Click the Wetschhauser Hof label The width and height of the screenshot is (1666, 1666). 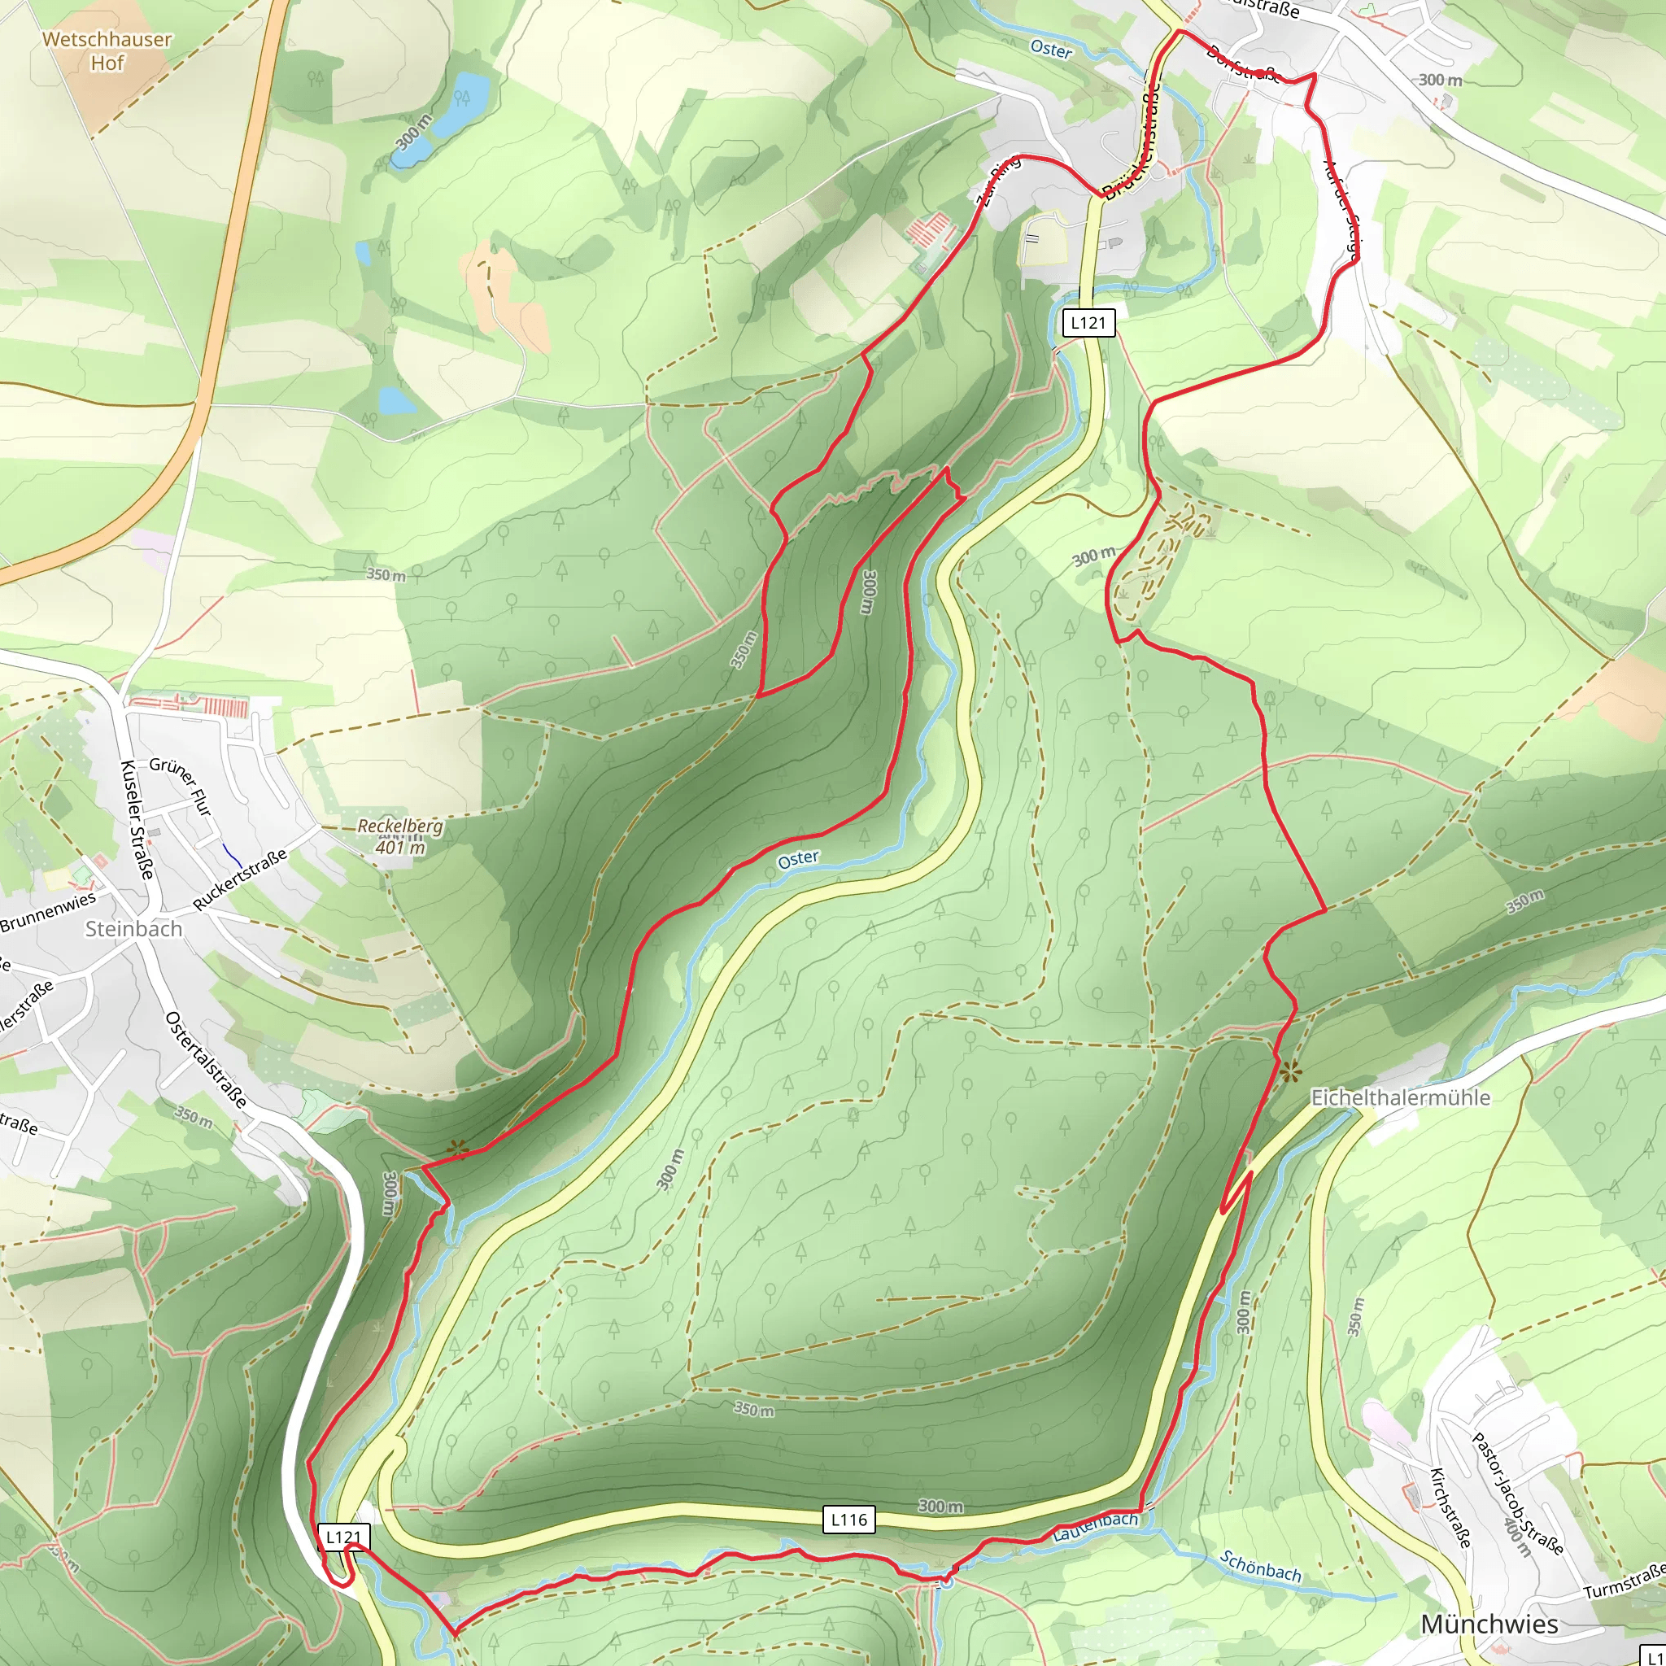click(107, 51)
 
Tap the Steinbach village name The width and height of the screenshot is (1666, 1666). click(133, 929)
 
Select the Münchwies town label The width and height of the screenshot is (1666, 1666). click(1489, 1624)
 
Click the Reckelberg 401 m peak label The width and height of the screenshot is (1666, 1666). click(400, 835)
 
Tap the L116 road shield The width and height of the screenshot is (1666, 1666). click(848, 1520)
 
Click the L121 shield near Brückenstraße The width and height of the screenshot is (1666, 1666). click(1088, 322)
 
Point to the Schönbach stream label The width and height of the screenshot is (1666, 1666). click(1261, 1565)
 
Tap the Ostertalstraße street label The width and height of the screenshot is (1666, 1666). click(207, 1059)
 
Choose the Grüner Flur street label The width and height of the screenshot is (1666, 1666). click(181, 785)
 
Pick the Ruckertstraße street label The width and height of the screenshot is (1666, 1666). click(240, 879)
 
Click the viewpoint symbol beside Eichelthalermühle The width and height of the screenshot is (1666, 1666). click(1290, 1074)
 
